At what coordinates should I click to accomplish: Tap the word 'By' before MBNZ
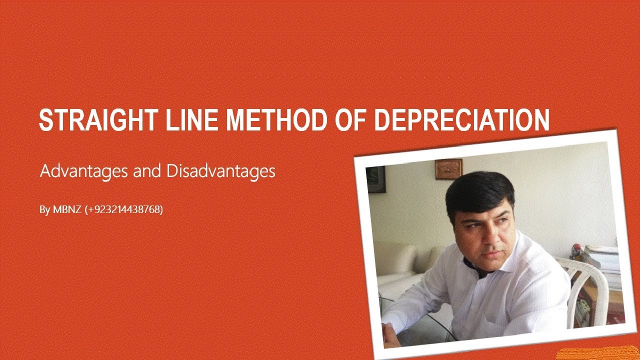click(x=44, y=210)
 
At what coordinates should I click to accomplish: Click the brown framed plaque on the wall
click(x=448, y=169)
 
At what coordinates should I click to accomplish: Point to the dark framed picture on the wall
click(x=376, y=179)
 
